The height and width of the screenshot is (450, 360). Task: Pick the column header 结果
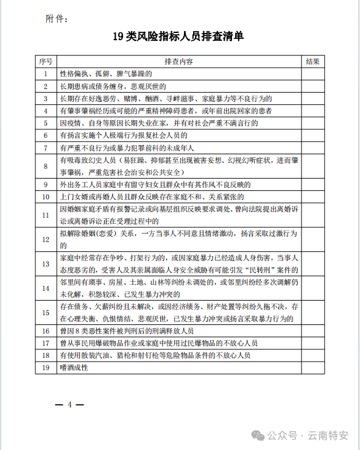pyautogui.click(x=312, y=62)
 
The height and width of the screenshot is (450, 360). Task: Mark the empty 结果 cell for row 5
pyautogui.click(x=312, y=123)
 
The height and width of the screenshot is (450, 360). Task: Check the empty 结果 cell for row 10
pyautogui.click(x=312, y=196)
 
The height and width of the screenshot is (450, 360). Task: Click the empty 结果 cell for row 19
pyautogui.click(x=312, y=367)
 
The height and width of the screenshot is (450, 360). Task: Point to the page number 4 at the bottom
pyautogui.click(x=70, y=404)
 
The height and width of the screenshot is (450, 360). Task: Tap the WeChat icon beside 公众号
pyautogui.click(x=259, y=435)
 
